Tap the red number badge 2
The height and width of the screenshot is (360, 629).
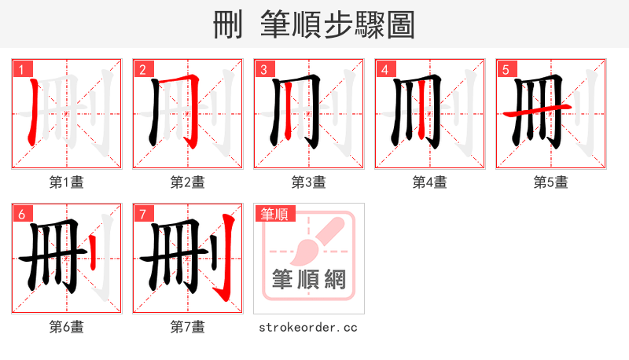coord(142,69)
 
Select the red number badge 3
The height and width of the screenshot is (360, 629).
coord(263,69)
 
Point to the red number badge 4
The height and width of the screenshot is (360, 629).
coord(384,69)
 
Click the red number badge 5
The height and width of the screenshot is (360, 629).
coord(506,69)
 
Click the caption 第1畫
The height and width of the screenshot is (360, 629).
coord(66,182)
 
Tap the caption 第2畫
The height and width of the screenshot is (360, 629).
coord(187,182)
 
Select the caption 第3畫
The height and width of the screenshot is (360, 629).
coord(308,182)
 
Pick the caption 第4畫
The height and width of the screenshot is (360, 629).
coord(429,182)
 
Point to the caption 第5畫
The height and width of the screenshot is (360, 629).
coord(550,182)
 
